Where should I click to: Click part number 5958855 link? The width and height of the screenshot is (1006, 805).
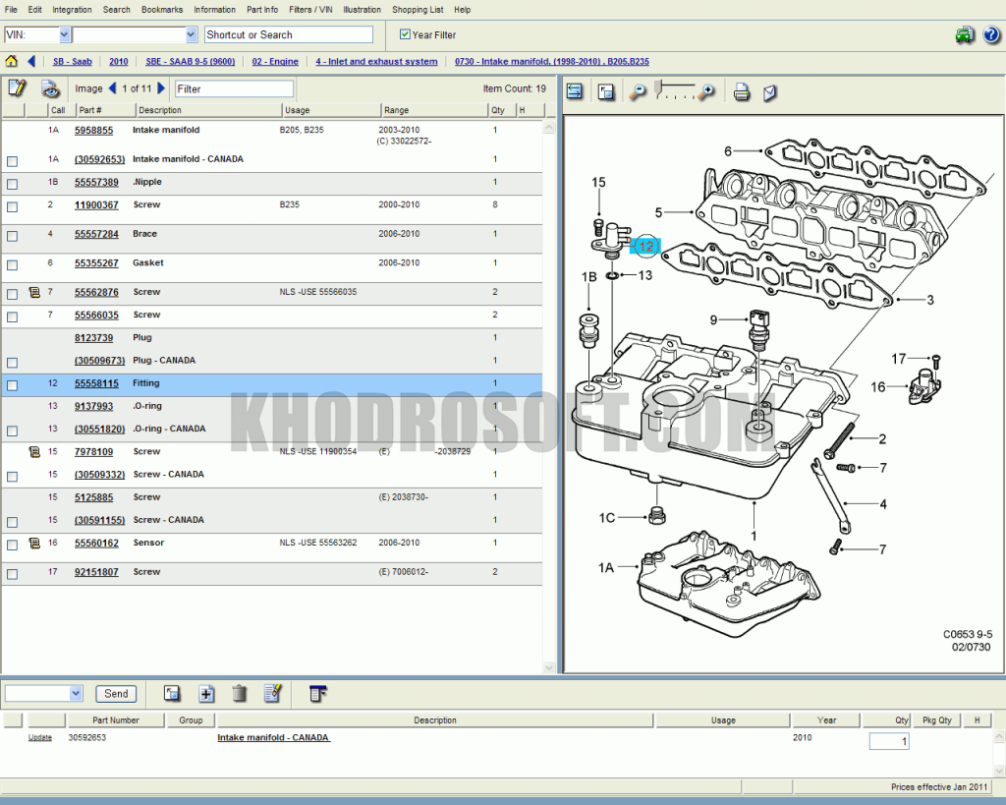pyautogui.click(x=93, y=130)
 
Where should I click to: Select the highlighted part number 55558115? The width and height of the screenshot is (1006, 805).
pyautogui.click(x=96, y=383)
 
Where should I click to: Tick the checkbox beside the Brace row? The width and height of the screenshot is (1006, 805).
pyautogui.click(x=12, y=236)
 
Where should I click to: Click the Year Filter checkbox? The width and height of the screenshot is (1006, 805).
pyautogui.click(x=405, y=34)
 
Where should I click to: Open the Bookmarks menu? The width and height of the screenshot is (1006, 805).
pyautogui.click(x=162, y=10)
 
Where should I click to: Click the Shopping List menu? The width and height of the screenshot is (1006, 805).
pyautogui.click(x=418, y=10)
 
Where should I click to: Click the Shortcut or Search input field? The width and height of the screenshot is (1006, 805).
pyautogui.click(x=288, y=34)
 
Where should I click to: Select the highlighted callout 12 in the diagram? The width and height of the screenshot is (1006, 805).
pyautogui.click(x=645, y=247)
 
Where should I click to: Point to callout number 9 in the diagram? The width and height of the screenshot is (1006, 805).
pyautogui.click(x=714, y=318)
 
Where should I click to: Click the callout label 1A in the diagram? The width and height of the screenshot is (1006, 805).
pyautogui.click(x=606, y=567)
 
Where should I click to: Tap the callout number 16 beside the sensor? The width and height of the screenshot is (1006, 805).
pyautogui.click(x=877, y=387)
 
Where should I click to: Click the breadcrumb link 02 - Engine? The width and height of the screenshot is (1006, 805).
pyautogui.click(x=275, y=62)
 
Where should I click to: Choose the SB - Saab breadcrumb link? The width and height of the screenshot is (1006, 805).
pyautogui.click(x=72, y=62)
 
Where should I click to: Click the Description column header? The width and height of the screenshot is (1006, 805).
pyautogui.click(x=159, y=110)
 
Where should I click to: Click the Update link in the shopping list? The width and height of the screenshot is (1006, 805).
pyautogui.click(x=40, y=737)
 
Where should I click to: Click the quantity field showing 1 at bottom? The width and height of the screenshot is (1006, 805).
pyautogui.click(x=888, y=741)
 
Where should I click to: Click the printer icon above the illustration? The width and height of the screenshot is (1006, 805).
pyautogui.click(x=742, y=91)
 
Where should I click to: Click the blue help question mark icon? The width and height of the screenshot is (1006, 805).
pyautogui.click(x=990, y=35)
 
